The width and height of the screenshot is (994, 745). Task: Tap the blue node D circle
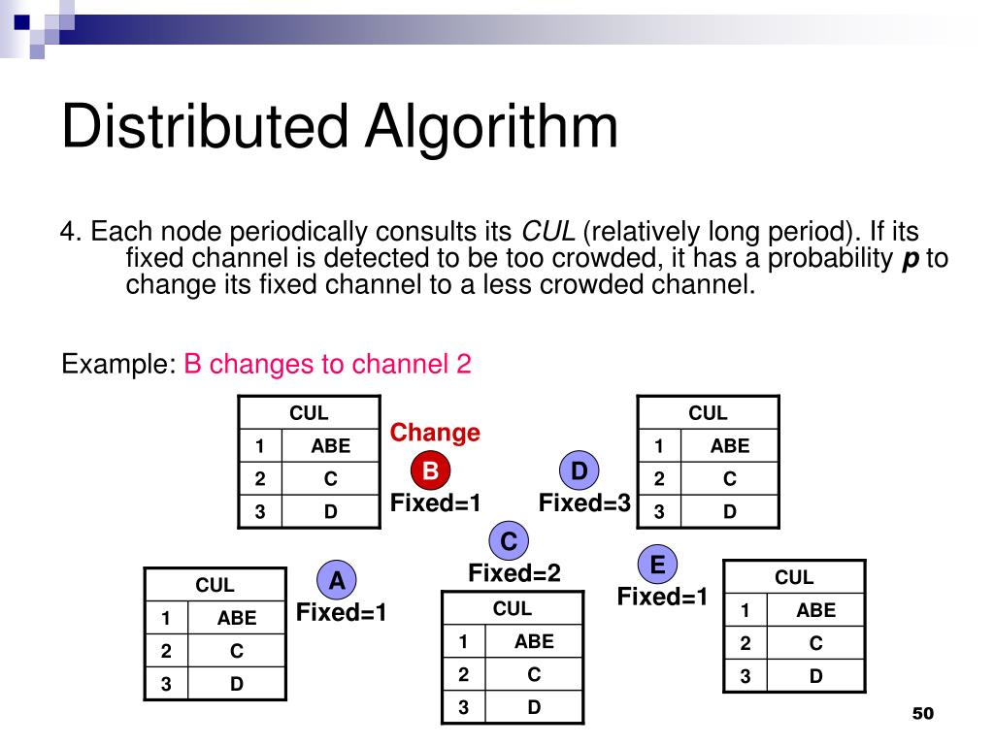point(580,471)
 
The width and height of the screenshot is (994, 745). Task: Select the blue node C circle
point(509,540)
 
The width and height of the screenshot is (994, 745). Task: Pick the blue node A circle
point(337,581)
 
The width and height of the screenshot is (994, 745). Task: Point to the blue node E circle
point(657,564)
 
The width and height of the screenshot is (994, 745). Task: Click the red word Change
point(435,433)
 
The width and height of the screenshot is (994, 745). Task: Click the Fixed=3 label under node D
point(584,502)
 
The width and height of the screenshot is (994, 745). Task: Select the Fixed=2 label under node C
point(514,573)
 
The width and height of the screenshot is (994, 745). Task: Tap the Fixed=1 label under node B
point(436,502)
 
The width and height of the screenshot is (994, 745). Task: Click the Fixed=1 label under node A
point(342,613)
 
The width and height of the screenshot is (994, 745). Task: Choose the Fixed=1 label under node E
point(663,597)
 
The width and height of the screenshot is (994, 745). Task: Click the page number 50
point(922,714)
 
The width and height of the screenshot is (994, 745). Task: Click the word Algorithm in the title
point(491,128)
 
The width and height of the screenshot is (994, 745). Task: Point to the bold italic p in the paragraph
point(911,259)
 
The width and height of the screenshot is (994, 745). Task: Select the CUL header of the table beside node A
point(215,585)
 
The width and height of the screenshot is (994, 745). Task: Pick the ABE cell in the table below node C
point(534,641)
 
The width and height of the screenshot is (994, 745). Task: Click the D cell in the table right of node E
point(815,676)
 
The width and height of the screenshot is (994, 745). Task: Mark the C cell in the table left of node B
point(331,478)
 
